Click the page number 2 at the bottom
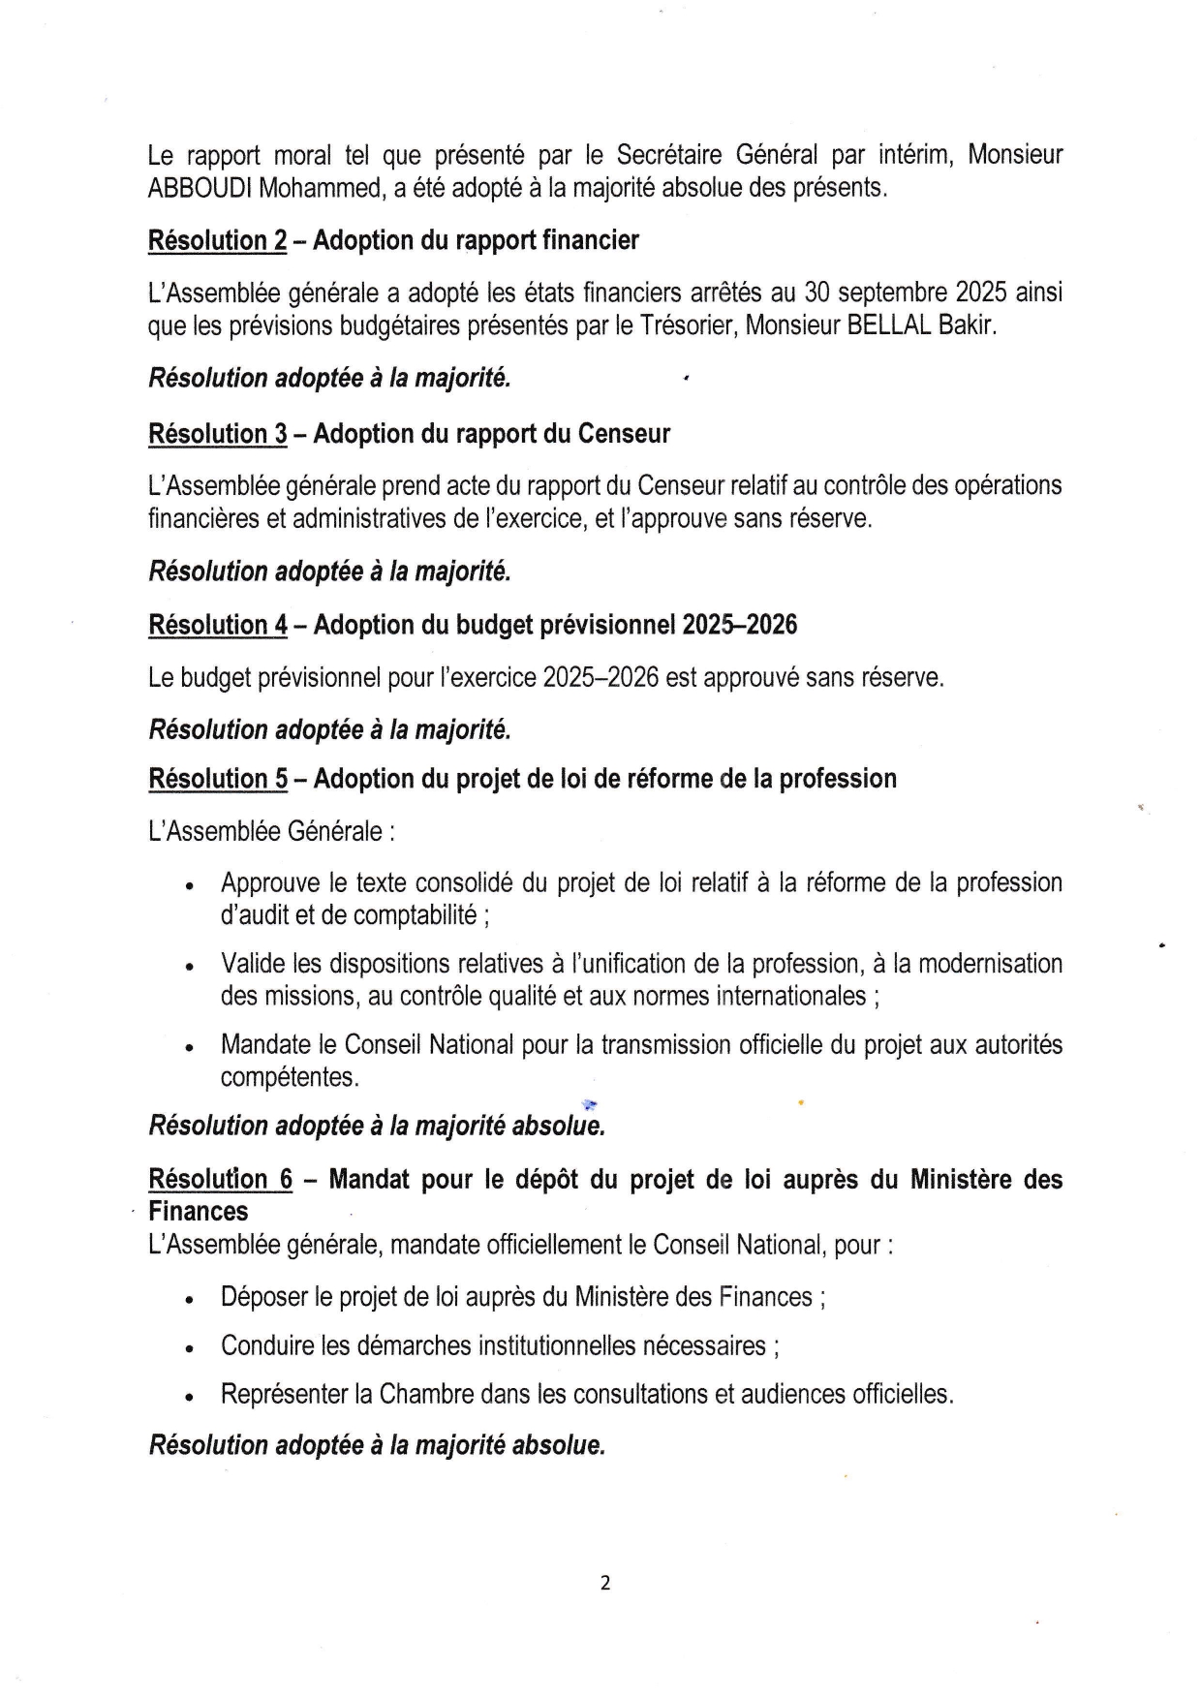[x=605, y=1584]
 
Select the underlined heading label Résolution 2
[x=217, y=240]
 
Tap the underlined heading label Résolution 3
[x=217, y=434]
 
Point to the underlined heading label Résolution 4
[x=217, y=625]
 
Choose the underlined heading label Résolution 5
[x=217, y=779]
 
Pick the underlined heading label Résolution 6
[x=220, y=1179]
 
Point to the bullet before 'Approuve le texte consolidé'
[x=190, y=886]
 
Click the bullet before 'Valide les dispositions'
[x=190, y=967]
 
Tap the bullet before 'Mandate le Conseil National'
[x=190, y=1048]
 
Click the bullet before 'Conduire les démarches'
[x=190, y=1348]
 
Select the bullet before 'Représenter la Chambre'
[x=190, y=1398]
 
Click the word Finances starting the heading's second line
[x=198, y=1212]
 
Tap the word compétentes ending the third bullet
[x=289, y=1077]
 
